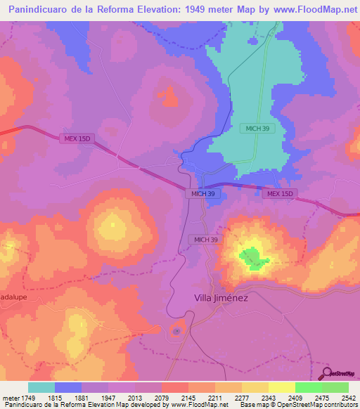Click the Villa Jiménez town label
point(221,297)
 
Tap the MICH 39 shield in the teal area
point(257,128)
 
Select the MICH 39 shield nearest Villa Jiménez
point(207,240)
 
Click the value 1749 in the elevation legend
point(28,398)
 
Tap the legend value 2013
point(134,398)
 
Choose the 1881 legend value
point(82,398)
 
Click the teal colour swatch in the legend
point(41,387)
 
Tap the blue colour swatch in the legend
point(68,387)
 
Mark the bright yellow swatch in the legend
point(282,387)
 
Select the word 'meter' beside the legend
point(11,398)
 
